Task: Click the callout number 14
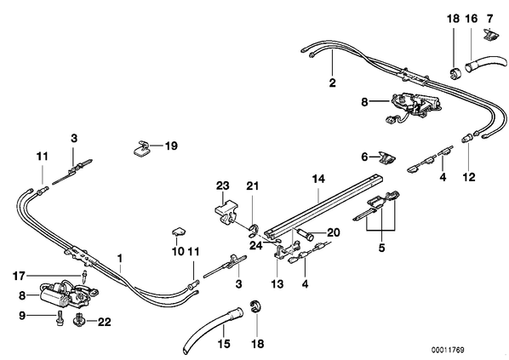pos(318,179)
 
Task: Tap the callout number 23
pos(223,186)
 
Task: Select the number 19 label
pos(171,146)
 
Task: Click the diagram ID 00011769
pos(448,351)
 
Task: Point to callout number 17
pos(19,277)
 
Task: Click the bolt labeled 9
pos(60,318)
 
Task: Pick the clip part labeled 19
pos(141,148)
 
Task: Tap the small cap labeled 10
pos(178,231)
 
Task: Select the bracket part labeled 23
pos(225,211)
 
